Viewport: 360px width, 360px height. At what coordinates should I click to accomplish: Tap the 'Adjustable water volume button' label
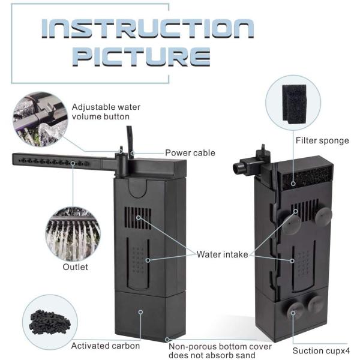[x=106, y=112]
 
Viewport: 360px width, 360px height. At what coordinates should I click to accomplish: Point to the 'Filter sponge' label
[x=322, y=140]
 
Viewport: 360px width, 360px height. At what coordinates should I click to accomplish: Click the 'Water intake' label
[x=222, y=254]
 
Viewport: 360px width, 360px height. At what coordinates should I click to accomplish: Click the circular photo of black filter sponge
[x=293, y=103]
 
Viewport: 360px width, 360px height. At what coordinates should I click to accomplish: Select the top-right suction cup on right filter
[x=323, y=217]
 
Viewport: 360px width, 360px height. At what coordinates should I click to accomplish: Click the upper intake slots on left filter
[x=138, y=217]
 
